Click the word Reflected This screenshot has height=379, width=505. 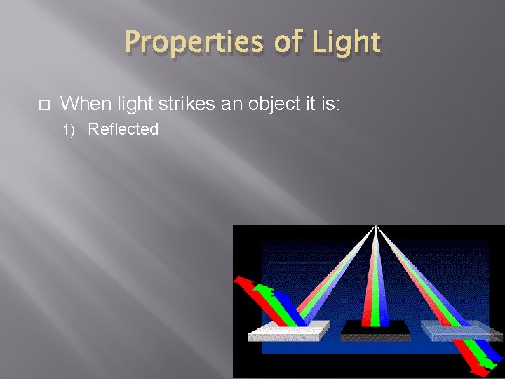124,129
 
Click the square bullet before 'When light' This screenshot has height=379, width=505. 43,105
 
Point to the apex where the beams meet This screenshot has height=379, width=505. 376,227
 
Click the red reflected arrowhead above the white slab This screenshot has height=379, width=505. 240,281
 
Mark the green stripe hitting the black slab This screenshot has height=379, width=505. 376,309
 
